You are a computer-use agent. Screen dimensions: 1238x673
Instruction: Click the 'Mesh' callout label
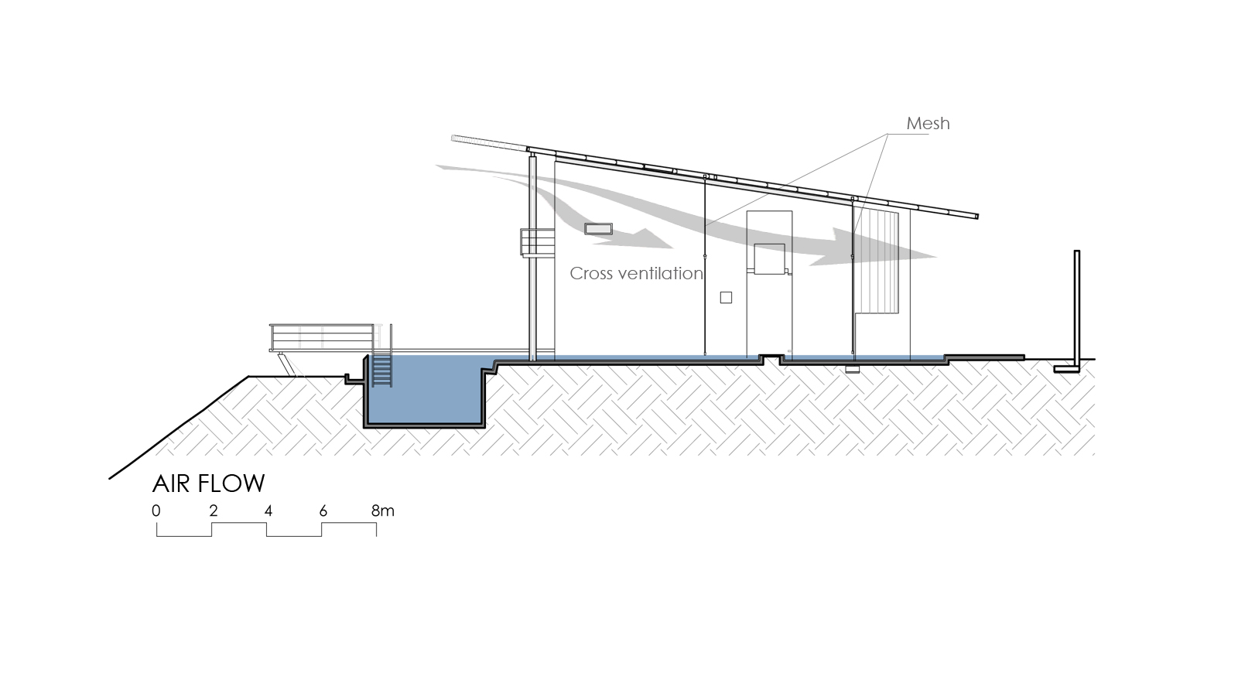(x=928, y=123)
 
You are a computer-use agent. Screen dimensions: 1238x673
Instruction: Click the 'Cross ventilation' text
(x=636, y=273)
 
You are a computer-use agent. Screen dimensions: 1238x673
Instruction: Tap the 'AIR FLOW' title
(x=208, y=483)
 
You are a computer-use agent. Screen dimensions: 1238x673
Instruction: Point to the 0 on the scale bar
(x=156, y=511)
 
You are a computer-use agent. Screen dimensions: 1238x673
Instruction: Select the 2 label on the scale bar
(x=214, y=511)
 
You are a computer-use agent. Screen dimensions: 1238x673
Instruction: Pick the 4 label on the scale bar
(x=268, y=511)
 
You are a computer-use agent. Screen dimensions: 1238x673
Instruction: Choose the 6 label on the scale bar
(x=323, y=511)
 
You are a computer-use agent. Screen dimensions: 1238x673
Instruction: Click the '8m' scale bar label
(x=382, y=511)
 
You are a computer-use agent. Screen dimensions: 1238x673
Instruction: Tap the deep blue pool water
(x=422, y=390)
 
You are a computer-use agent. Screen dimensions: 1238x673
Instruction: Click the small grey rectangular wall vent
(x=599, y=228)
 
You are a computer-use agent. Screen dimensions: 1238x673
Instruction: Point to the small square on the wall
(x=726, y=298)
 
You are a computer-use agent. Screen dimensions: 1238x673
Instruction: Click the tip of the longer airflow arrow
(x=936, y=256)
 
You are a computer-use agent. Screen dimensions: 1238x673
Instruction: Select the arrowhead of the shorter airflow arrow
(x=652, y=238)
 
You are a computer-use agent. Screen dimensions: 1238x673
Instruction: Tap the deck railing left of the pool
(x=323, y=337)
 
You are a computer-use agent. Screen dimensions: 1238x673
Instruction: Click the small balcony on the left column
(x=537, y=243)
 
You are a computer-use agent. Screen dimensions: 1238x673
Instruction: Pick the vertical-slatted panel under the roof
(x=877, y=262)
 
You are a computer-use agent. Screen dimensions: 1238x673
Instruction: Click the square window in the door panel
(x=769, y=258)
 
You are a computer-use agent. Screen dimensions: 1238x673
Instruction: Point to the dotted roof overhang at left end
(x=489, y=142)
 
